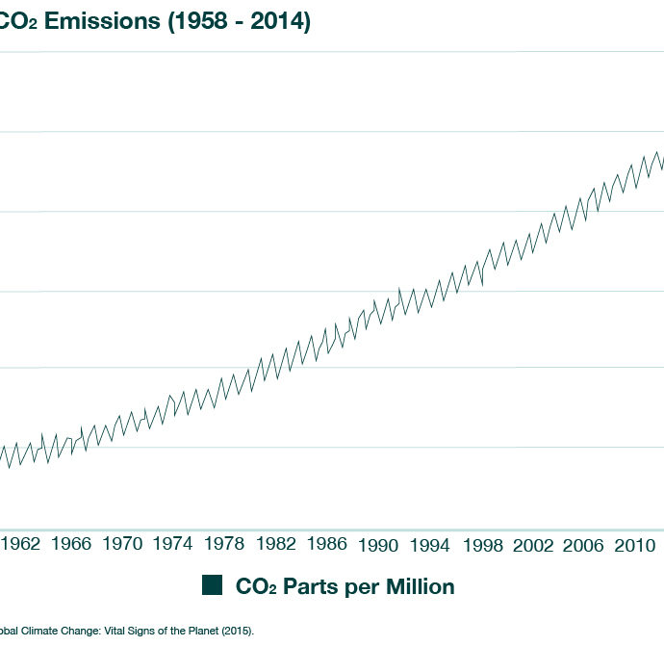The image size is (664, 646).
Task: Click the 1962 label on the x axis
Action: pos(21,545)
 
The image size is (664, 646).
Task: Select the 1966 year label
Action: pos(72,545)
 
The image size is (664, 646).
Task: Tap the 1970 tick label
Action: pos(123,545)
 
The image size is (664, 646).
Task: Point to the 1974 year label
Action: pos(174,545)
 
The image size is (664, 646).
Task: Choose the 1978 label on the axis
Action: pos(225,545)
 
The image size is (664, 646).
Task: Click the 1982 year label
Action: pos(276,545)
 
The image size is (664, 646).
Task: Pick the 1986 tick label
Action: pos(327,545)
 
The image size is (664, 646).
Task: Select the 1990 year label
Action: pos(378,546)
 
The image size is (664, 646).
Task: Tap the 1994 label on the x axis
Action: pos(430,546)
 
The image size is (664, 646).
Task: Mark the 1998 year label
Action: pos(482,546)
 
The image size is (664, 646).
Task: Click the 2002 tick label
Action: pos(533,546)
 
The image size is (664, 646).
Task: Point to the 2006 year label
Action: pos(584,546)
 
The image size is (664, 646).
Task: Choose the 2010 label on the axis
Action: pos(635,546)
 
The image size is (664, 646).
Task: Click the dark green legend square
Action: pos(212,585)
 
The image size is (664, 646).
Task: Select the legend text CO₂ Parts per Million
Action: pos(345,586)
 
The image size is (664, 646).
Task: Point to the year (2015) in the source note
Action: pos(238,632)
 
